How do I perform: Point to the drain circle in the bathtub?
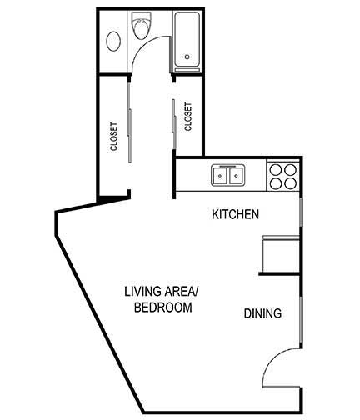point(187,58)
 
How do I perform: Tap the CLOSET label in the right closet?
point(188,117)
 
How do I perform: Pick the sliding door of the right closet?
point(173,117)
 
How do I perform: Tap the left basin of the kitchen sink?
point(221,176)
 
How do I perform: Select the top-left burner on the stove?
point(276,169)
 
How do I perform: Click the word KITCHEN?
point(236,214)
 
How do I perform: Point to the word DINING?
point(262,314)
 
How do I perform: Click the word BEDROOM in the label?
point(163,307)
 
